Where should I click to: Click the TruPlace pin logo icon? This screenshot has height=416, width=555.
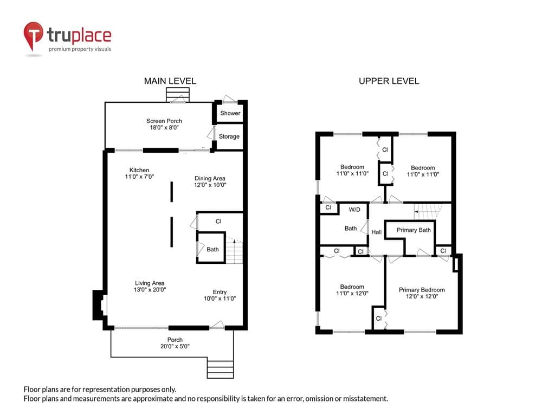[33, 36]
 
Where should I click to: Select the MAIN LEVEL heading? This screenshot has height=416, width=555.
[170, 81]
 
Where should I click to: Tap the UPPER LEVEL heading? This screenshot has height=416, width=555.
[389, 81]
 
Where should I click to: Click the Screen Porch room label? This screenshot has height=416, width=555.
[164, 121]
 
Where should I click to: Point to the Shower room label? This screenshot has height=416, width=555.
[230, 113]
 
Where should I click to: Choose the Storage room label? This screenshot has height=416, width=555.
[229, 136]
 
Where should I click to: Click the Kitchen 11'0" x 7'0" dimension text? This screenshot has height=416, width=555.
[139, 177]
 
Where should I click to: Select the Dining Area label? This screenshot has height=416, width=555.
[210, 178]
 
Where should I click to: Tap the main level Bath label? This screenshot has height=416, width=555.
[212, 249]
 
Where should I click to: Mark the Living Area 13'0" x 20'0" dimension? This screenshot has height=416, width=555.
[150, 289]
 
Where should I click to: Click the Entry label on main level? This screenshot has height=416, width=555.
[220, 292]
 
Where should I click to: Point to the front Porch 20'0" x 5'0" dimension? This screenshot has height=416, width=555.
[175, 346]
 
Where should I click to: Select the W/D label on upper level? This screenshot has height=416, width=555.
[354, 210]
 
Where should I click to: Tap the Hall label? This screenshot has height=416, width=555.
[376, 232]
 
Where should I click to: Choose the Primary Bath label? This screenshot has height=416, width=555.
[414, 230]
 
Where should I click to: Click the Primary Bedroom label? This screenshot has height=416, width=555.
[422, 290]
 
